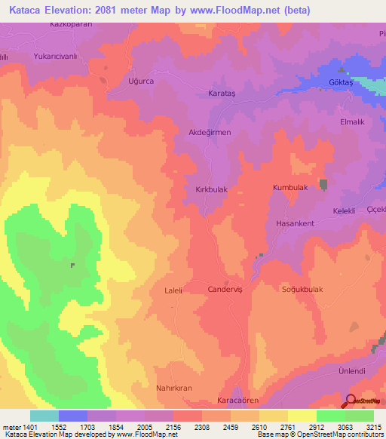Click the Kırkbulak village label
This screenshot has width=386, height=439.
click(x=211, y=191)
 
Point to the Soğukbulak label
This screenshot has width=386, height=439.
click(x=302, y=289)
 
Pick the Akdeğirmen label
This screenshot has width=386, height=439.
click(x=209, y=131)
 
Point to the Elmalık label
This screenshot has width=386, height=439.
click(x=354, y=120)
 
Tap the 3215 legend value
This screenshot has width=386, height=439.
click(x=374, y=426)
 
